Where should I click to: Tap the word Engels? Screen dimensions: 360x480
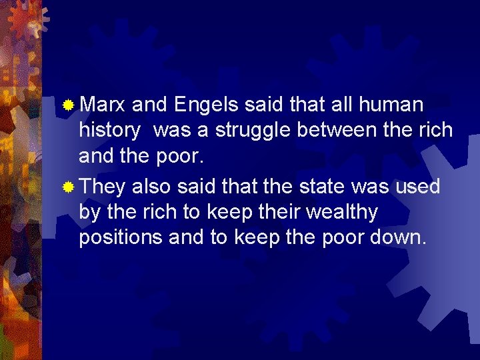pos(206,105)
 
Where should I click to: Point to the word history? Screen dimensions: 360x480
pos(109,131)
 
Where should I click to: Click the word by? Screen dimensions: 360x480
pos(89,213)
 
